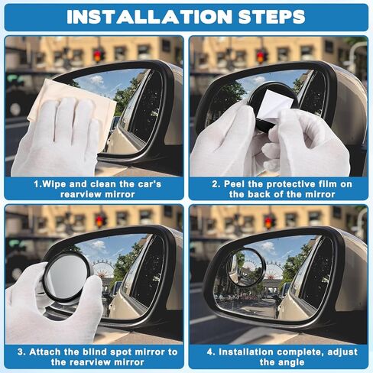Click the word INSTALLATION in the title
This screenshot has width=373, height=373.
(x=138, y=17)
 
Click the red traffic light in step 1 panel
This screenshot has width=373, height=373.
(x=98, y=55)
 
